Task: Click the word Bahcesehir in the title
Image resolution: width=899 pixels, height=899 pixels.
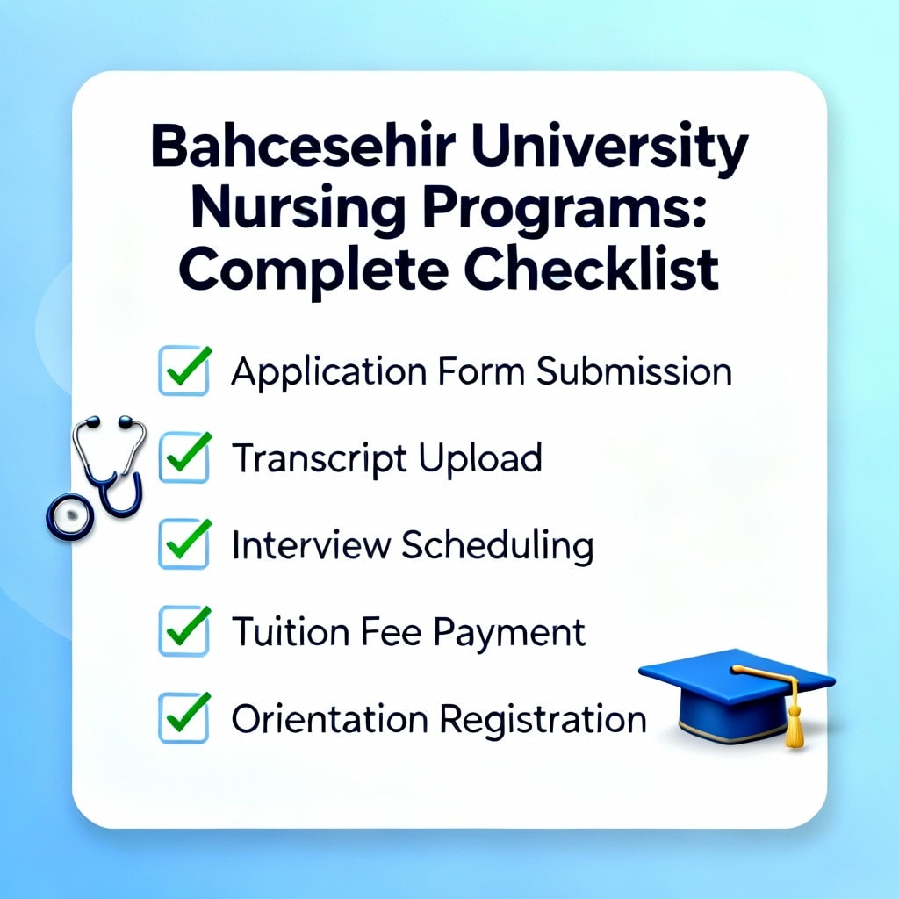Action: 303,147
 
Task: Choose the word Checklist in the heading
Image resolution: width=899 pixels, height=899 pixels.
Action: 591,269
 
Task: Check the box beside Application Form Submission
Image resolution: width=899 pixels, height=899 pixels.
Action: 184,370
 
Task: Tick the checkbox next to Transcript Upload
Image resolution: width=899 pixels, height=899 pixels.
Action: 184,457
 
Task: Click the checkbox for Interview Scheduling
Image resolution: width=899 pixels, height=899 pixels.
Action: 184,543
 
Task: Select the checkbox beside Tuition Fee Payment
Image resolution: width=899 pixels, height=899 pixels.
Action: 184,630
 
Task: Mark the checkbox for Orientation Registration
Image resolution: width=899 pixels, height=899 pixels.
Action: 184,718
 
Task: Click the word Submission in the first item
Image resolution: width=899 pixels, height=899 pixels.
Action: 634,371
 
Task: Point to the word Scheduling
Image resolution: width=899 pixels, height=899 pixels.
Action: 497,546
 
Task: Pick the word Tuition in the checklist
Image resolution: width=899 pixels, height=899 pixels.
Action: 291,632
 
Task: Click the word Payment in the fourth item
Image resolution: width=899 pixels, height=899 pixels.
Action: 509,635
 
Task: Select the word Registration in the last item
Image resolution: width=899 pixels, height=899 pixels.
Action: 543,721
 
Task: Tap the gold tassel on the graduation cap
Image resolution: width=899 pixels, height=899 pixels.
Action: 794,723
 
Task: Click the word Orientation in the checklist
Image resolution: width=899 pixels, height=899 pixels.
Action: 330,719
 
